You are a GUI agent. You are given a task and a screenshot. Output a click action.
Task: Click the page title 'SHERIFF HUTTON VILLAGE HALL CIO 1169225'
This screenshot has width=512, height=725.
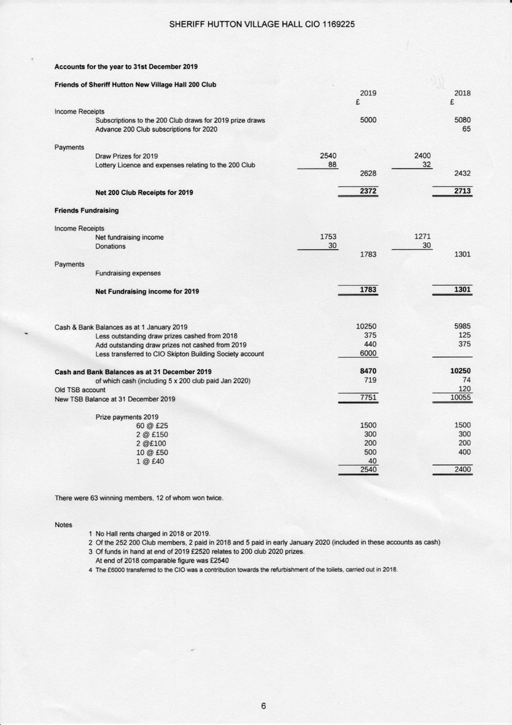262,24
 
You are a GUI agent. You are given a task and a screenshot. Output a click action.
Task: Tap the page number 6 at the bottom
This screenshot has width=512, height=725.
264,706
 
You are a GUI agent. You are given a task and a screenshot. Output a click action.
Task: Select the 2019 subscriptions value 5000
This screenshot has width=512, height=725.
368,120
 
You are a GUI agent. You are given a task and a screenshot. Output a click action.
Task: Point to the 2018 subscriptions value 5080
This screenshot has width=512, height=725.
462,120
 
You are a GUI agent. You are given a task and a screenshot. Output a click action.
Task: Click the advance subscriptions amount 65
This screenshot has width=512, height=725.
466,129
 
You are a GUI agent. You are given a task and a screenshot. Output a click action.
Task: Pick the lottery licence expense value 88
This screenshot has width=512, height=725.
332,164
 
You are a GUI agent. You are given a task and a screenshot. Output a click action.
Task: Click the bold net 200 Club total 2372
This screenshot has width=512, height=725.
368,191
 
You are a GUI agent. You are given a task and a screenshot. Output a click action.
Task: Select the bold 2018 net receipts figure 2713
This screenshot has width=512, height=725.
462,191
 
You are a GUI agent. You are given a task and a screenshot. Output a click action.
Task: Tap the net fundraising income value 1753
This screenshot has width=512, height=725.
328,236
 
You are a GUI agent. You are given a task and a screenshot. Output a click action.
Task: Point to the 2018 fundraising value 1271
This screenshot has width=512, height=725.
423,236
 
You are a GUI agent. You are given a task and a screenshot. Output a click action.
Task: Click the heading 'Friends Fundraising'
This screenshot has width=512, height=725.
87,210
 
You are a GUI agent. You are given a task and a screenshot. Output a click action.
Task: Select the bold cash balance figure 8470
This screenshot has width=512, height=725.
368,371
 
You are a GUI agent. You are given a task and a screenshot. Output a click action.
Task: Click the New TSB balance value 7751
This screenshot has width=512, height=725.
368,397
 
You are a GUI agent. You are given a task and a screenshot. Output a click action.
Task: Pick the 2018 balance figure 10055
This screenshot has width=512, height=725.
460,397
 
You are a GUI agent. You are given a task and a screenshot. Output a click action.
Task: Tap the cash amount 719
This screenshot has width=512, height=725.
370,380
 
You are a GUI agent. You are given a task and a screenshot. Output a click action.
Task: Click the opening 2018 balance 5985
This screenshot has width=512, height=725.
462,327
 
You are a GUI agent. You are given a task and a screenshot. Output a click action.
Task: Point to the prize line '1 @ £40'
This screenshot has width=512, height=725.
150,461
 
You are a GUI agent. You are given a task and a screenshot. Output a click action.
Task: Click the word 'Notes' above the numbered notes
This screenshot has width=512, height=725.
63,524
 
